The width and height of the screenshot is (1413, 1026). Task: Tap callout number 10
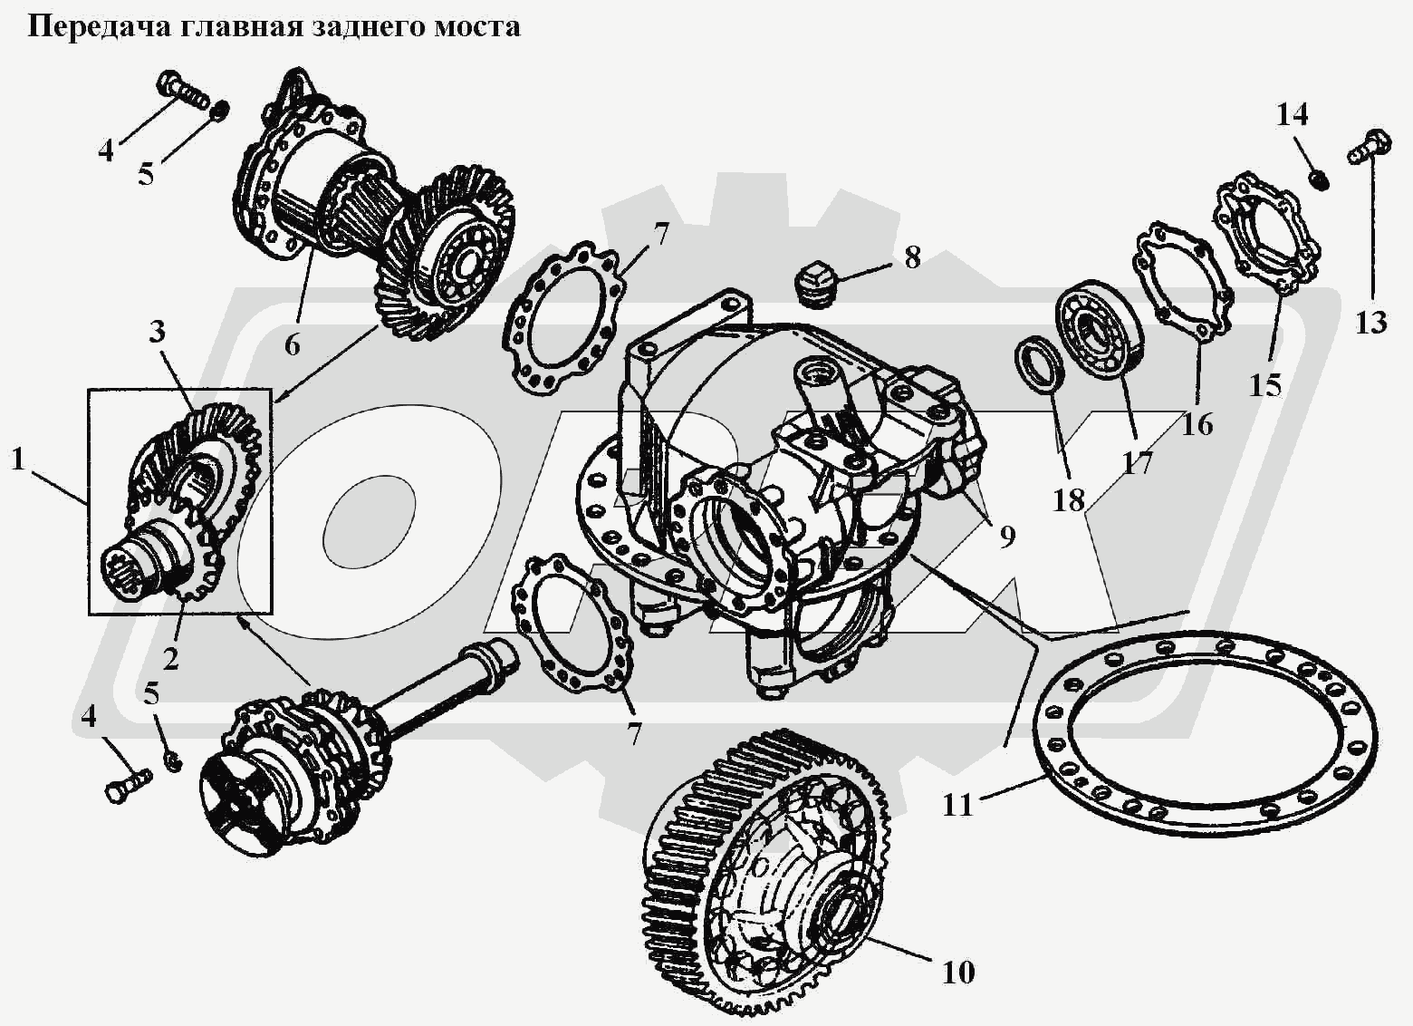958,973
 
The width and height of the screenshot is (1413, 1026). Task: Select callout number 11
957,804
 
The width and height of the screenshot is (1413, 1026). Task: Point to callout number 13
1371,322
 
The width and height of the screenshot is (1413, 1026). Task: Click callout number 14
1293,115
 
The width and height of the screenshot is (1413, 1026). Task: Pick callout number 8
911,257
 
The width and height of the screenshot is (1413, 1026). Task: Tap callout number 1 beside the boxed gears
17,460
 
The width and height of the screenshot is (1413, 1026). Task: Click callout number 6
292,344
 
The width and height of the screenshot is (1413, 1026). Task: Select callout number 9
1007,537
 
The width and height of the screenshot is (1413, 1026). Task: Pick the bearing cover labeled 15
1264,231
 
